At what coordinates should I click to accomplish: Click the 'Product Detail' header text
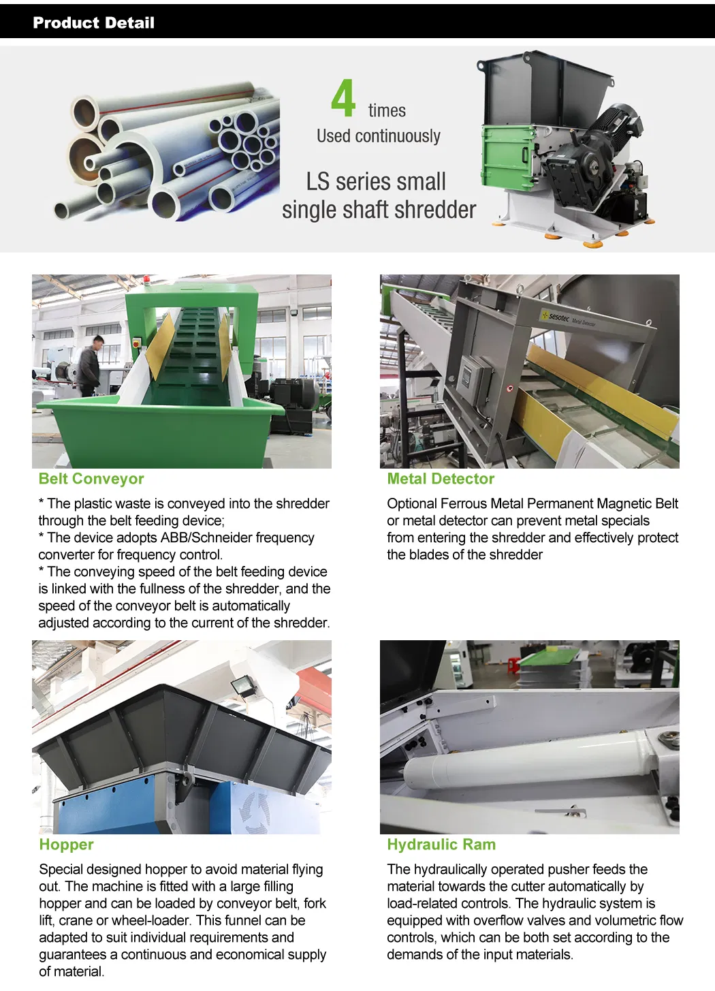tap(93, 22)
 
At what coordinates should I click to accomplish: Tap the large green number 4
tap(343, 97)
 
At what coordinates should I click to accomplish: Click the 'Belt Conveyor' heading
tap(91, 478)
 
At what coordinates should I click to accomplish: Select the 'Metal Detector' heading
tap(441, 478)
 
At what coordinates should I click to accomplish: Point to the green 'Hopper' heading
tap(66, 845)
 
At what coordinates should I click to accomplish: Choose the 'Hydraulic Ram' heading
tap(441, 845)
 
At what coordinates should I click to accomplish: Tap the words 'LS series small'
tap(376, 181)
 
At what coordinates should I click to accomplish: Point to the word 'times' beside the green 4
tap(387, 110)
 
